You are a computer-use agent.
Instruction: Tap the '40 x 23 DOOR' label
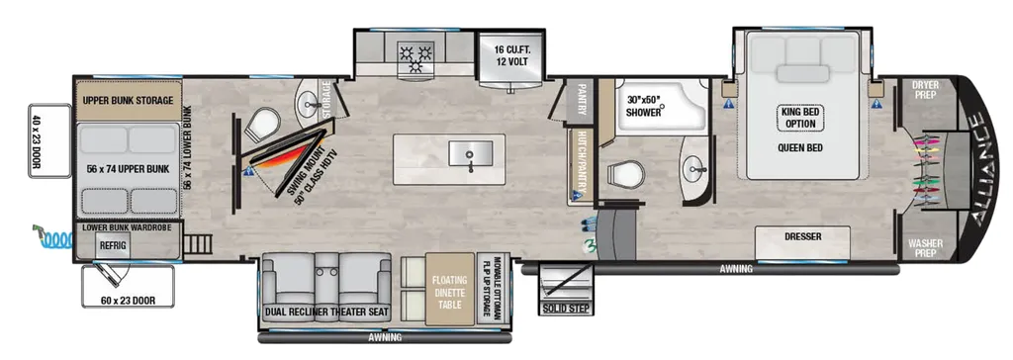tap(35, 140)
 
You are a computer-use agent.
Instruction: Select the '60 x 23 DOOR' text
tap(129, 300)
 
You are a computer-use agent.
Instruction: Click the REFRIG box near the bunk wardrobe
tap(113, 245)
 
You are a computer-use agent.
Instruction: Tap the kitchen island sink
tap(470, 155)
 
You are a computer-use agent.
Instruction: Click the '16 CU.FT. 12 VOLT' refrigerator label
tap(511, 55)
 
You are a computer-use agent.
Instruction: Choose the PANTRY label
tap(582, 98)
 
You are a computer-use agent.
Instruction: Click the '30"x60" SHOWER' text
tap(645, 106)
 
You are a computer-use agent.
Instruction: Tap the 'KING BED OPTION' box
tap(799, 118)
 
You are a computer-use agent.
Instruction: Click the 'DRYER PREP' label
tap(925, 89)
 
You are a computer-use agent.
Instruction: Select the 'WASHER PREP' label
tap(925, 249)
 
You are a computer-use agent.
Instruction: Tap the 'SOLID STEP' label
tap(566, 309)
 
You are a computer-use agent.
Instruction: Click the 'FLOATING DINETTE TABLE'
tap(450, 290)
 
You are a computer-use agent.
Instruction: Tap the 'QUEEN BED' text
tap(799, 147)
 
